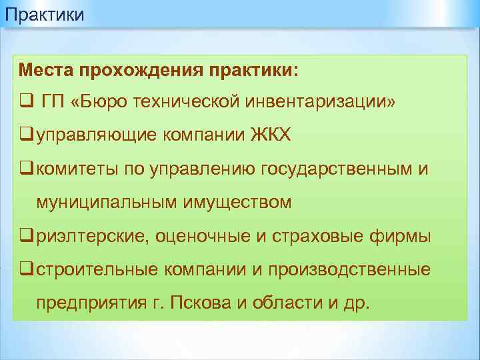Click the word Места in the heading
click(45, 69)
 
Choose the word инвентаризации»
click(319, 103)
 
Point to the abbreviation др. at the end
click(355, 303)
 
